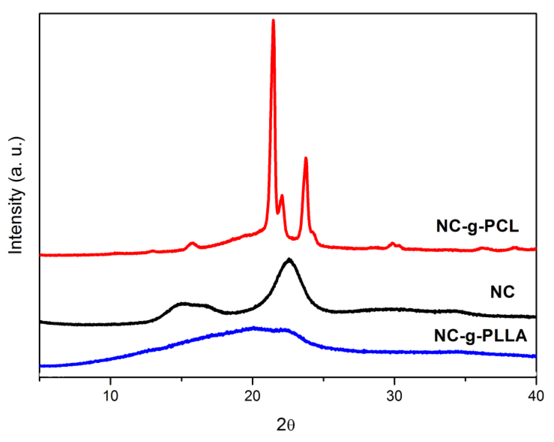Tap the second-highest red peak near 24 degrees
306,158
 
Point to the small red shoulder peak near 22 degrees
282,196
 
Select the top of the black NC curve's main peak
289,260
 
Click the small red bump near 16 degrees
192,243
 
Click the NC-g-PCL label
477,226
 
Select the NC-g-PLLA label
480,335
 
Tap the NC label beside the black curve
502,292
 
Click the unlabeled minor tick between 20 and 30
324,379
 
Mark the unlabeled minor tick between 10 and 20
182,379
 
